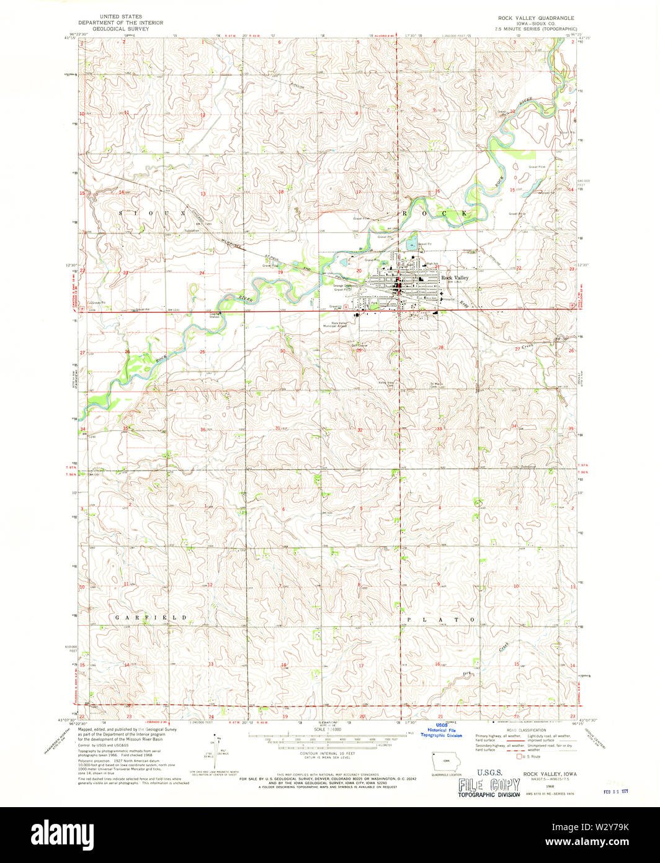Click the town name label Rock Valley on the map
point(455,278)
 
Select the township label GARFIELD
point(151,618)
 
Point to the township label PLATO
point(441,620)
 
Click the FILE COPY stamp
point(488,787)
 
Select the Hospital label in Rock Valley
point(449,299)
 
